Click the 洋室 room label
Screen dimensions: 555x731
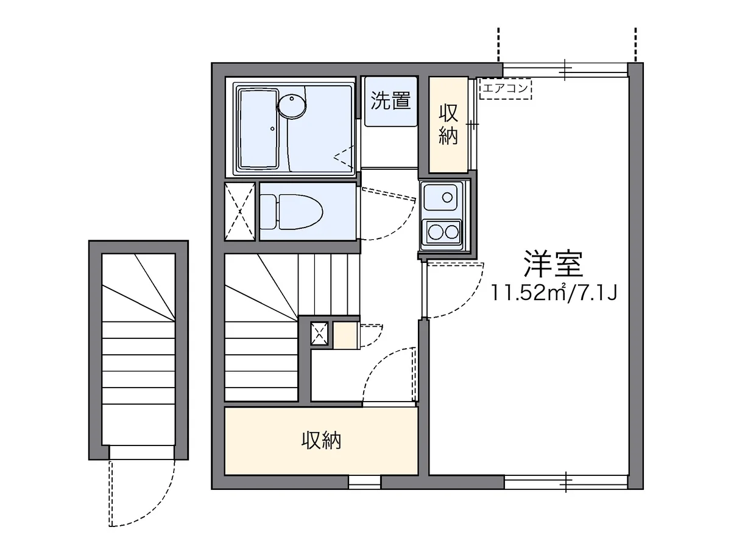click(553, 264)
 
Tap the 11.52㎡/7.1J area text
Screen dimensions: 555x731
click(556, 294)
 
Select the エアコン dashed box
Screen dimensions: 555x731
click(506, 89)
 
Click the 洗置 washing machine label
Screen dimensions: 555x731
click(390, 100)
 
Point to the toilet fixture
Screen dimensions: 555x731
click(292, 211)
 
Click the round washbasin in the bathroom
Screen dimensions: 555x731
click(292, 106)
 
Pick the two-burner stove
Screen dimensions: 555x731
click(442, 232)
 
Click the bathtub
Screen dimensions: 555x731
click(258, 128)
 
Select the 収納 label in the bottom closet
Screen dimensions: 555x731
click(321, 441)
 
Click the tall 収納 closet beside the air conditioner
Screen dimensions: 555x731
click(448, 124)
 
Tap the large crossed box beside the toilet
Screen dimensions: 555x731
click(239, 211)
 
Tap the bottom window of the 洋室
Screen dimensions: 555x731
click(565, 482)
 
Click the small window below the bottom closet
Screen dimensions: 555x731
click(364, 482)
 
